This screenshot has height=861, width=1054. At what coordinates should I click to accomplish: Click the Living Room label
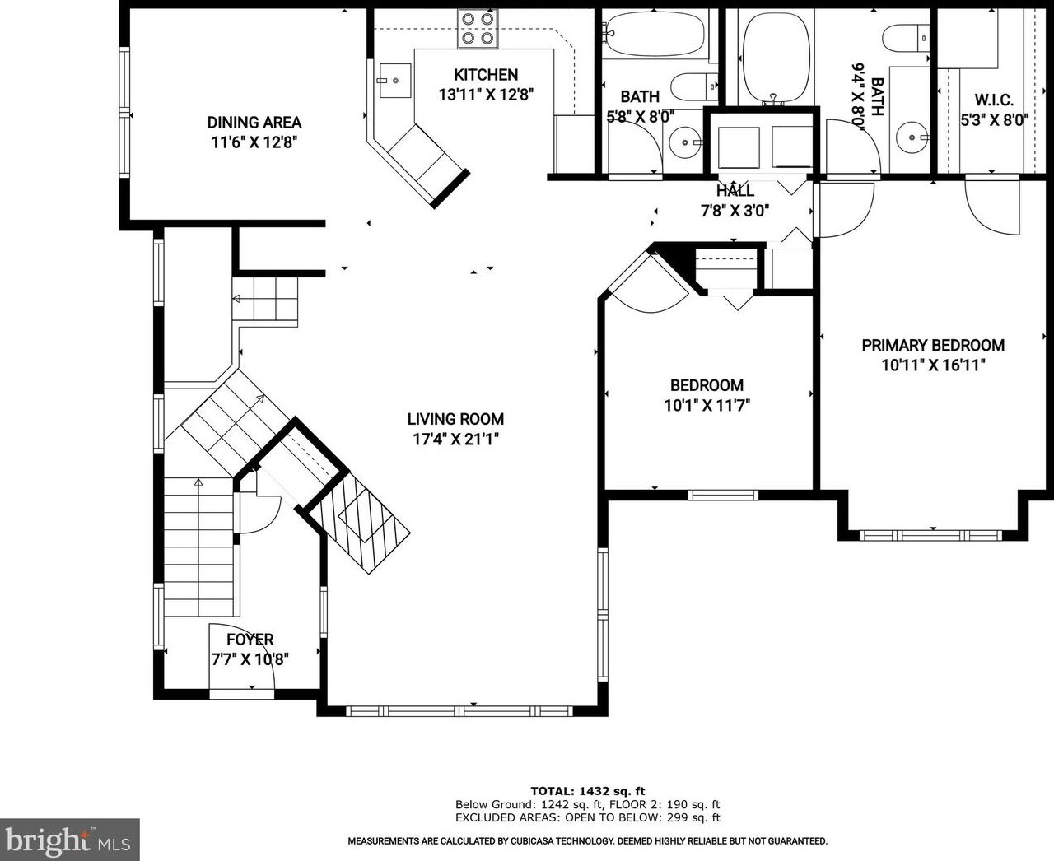pyautogui.click(x=455, y=419)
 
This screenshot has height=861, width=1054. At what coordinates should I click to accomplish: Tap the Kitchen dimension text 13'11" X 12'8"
pyautogui.click(x=487, y=95)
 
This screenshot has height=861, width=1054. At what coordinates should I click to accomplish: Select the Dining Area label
pyautogui.click(x=254, y=123)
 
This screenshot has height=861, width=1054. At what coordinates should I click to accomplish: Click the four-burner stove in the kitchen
pyautogui.click(x=478, y=29)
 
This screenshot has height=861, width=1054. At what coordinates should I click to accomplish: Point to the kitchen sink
pyautogui.click(x=395, y=81)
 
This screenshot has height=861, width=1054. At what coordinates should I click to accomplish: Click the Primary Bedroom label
pyautogui.click(x=933, y=345)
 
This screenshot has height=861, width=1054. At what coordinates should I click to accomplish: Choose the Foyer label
pyautogui.click(x=250, y=640)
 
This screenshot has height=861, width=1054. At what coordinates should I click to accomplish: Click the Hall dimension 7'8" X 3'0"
pyautogui.click(x=735, y=211)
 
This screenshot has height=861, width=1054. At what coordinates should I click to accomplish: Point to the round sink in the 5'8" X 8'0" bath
pyautogui.click(x=683, y=142)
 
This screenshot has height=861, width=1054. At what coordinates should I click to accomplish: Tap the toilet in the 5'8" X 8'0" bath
pyautogui.click(x=693, y=87)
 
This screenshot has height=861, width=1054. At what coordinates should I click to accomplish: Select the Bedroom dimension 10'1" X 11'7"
pyautogui.click(x=707, y=405)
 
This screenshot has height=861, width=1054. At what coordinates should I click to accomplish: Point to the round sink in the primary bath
pyautogui.click(x=912, y=137)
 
